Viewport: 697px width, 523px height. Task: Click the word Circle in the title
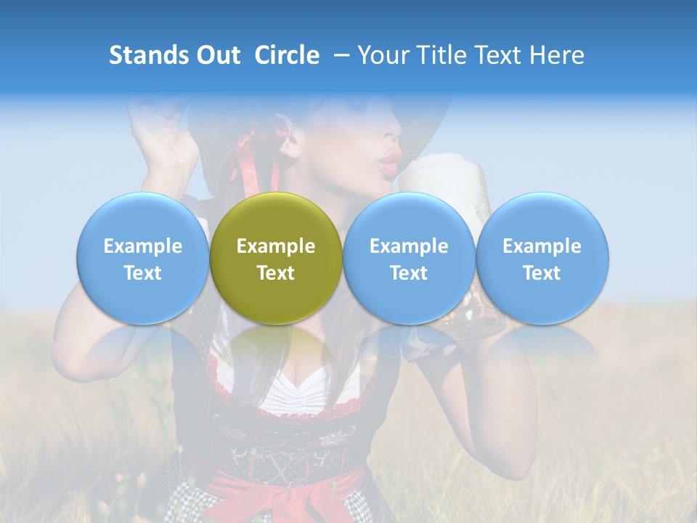click(287, 55)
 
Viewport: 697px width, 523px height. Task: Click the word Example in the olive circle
click(276, 246)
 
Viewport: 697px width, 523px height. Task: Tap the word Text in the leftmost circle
click(143, 273)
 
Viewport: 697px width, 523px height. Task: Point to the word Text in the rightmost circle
click(542, 273)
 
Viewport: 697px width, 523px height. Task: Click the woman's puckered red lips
click(391, 162)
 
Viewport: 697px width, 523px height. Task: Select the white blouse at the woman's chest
click(290, 389)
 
